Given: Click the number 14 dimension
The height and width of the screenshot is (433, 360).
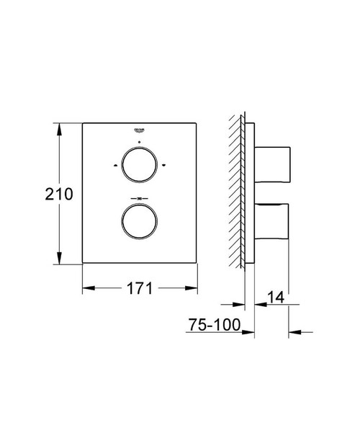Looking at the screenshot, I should pos(277,296).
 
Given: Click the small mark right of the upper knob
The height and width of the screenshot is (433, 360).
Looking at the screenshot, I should pos(163,167).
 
